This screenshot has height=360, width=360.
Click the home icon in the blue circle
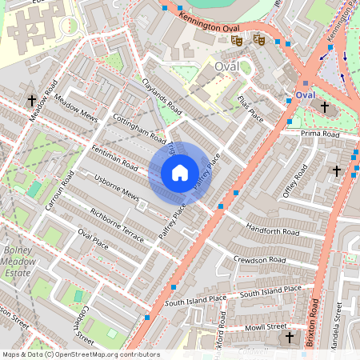click(x=180, y=172)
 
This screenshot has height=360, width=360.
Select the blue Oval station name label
click(x=305, y=95)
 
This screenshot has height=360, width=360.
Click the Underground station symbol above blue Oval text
click(x=305, y=82)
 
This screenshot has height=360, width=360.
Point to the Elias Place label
click(x=250, y=108)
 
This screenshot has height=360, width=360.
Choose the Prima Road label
click(x=320, y=134)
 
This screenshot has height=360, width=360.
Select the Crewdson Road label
click(x=259, y=260)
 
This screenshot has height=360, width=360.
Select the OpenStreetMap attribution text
click(x=80, y=354)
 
